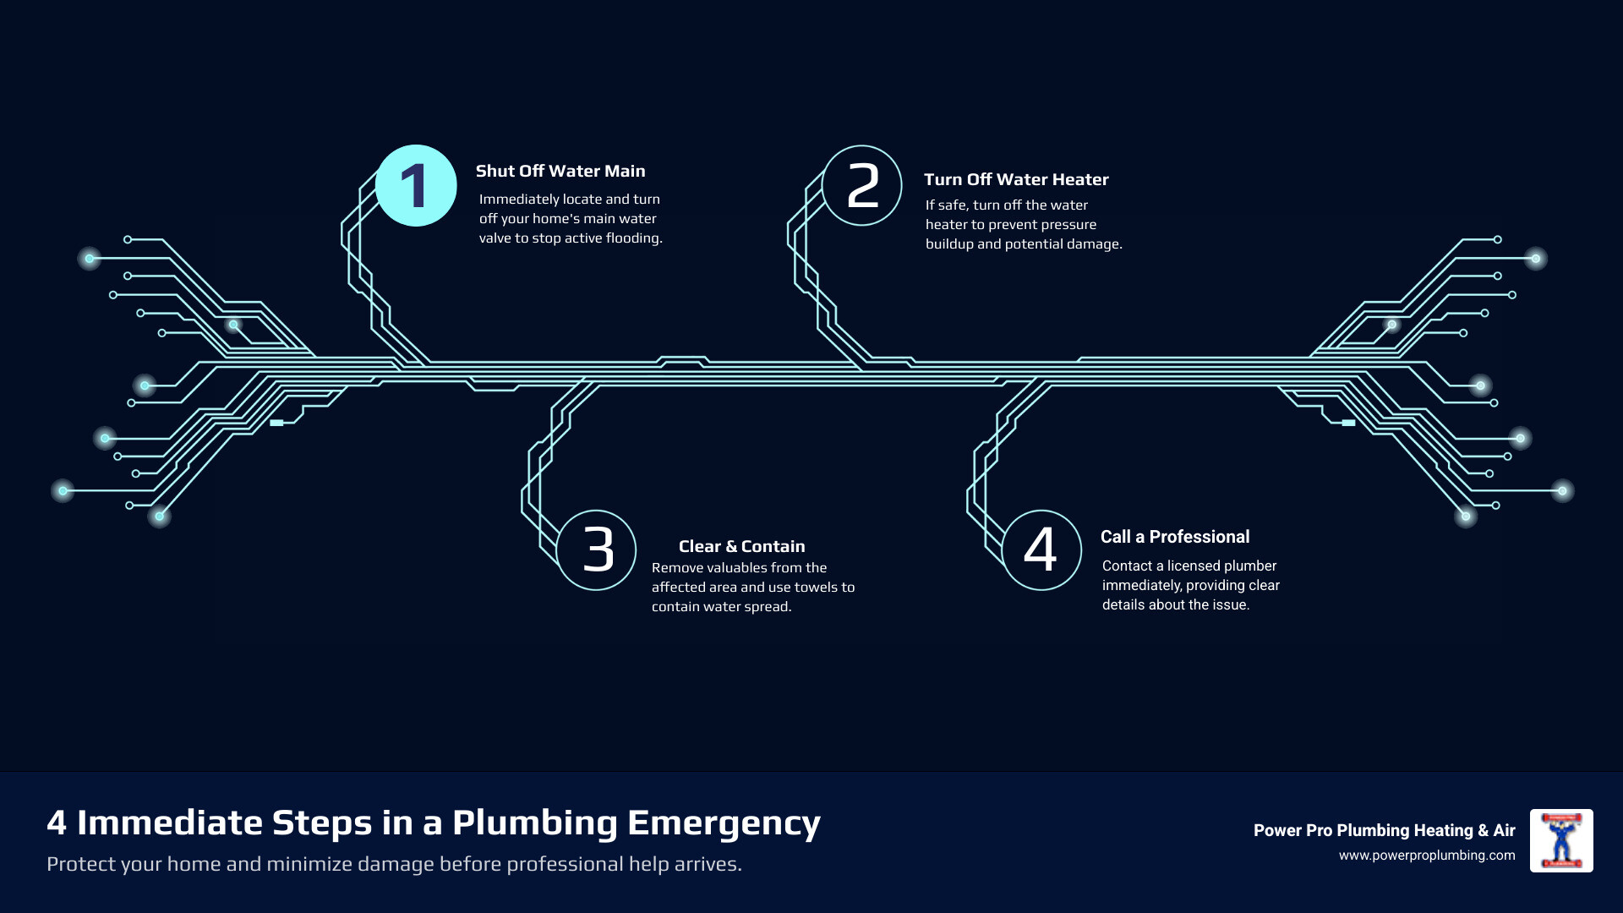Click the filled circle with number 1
click(416, 186)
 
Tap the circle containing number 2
click(862, 186)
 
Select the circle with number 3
click(597, 550)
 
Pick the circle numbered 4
click(1041, 550)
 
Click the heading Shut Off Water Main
click(560, 172)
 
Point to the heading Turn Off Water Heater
click(1016, 180)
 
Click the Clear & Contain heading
click(741, 547)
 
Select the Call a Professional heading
click(1175, 537)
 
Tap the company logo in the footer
click(1561, 840)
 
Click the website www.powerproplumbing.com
click(1427, 856)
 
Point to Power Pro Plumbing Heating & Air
click(1384, 830)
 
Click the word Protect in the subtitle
click(80, 865)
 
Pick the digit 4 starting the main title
click(57, 823)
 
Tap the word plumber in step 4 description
click(1249, 566)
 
